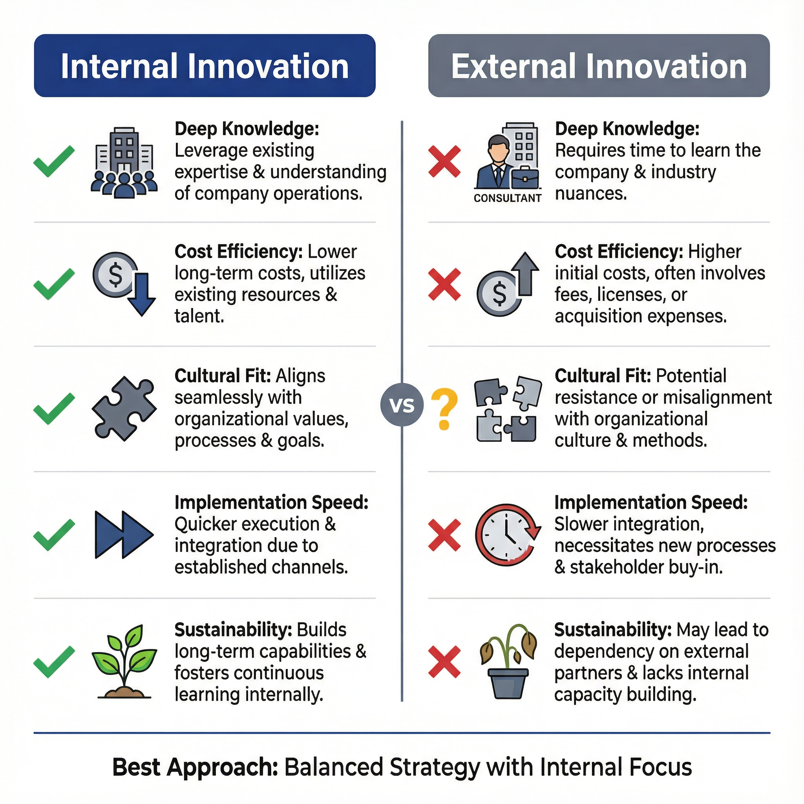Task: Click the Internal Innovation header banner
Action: click(205, 66)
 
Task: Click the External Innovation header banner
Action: click(598, 66)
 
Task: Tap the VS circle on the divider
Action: click(402, 404)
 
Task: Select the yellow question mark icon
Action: click(444, 409)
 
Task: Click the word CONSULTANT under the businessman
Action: click(507, 199)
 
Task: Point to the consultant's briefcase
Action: click(525, 178)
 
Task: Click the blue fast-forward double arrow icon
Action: click(124, 535)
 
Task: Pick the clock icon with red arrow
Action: click(508, 535)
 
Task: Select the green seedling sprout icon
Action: click(124, 661)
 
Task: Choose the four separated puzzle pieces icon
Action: click(508, 409)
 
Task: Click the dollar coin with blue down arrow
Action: click(124, 283)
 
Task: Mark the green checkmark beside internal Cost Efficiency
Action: click(54, 284)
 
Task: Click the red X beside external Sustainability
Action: click(444, 661)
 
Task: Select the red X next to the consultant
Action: click(444, 161)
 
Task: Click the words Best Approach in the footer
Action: click(195, 767)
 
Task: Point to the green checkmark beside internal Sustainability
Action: click(54, 661)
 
